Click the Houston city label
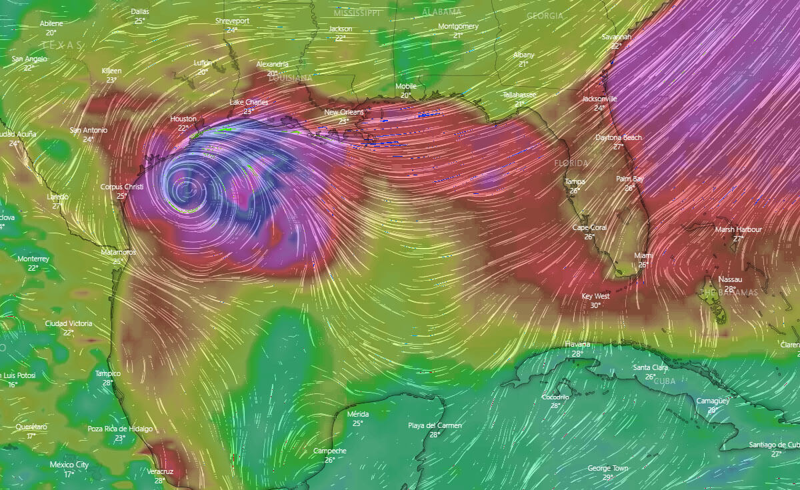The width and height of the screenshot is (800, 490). [183, 119]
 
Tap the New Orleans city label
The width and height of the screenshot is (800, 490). [344, 112]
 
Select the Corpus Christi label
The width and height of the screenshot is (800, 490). [122, 187]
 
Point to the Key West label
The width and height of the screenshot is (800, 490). [595, 296]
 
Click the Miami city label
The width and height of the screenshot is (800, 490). [644, 256]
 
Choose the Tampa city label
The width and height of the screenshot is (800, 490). [575, 181]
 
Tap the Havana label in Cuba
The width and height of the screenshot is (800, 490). [577, 344]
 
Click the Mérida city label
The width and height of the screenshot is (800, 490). [358, 414]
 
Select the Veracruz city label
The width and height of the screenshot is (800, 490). [159, 471]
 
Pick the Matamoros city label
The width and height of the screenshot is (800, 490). [118, 253]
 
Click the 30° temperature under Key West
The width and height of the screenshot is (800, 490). [595, 305]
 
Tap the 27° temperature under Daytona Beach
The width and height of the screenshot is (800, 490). [618, 147]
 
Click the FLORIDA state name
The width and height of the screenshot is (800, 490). [571, 163]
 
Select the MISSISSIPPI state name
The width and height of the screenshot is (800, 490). [357, 13]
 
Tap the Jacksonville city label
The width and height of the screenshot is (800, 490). [599, 99]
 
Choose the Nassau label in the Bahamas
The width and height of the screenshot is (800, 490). [730, 279]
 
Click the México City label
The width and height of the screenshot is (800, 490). [69, 465]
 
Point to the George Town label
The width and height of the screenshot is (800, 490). [607, 468]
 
